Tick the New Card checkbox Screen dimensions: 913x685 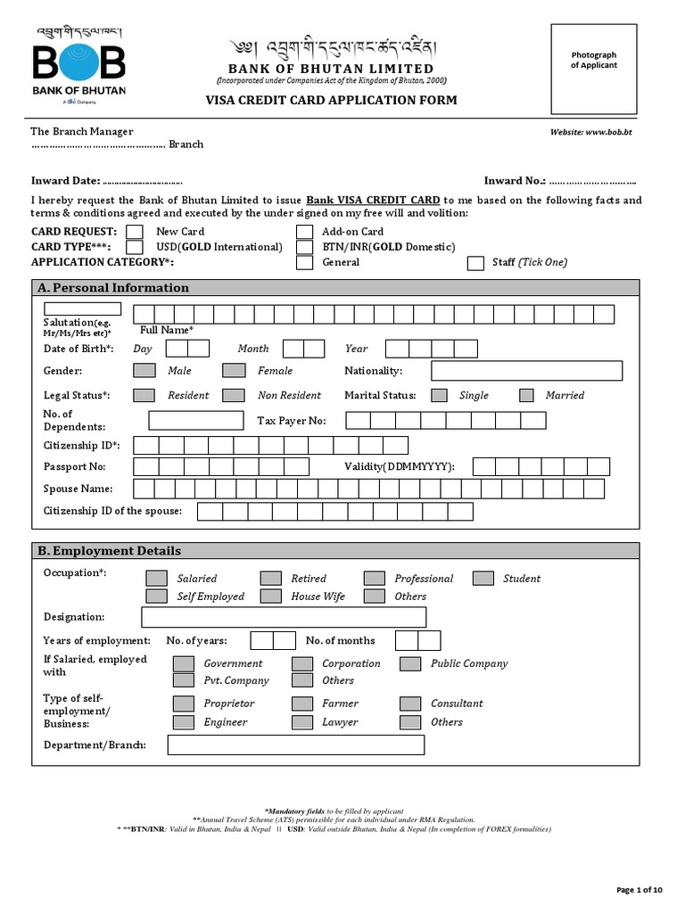135,232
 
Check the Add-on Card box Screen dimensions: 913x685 305,232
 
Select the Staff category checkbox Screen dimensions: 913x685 475,262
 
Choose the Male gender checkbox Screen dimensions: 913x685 144,370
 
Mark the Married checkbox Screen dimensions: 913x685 526,395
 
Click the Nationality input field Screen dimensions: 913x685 526,371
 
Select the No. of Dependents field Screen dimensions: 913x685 195,420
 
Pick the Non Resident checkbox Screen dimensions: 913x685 234,395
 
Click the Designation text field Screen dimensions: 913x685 284,617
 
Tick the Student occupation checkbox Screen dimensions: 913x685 483,579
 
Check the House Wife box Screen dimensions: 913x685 271,596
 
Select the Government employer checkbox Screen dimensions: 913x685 183,663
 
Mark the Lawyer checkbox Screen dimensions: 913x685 302,722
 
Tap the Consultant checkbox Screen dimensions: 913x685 410,703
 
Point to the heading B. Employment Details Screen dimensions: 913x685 110,551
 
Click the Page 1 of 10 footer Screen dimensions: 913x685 640,890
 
